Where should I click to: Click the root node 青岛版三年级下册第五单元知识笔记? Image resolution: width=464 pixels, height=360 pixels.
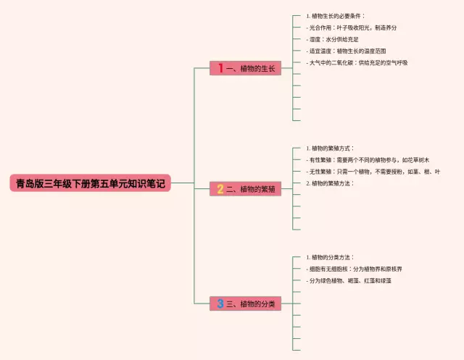[90, 183]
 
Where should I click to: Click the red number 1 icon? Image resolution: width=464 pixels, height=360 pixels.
[220, 68]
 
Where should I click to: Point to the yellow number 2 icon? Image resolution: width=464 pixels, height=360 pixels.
[220, 189]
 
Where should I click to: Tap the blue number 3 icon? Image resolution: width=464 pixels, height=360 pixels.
[220, 304]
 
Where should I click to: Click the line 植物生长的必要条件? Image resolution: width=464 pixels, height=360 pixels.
[337, 15]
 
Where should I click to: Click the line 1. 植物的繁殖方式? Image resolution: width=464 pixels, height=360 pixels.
[333, 148]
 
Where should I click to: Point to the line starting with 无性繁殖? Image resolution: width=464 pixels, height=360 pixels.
[370, 171]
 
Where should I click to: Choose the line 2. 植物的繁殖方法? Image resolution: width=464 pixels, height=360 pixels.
[333, 183]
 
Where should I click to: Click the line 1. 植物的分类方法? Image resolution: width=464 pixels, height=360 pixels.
[333, 257]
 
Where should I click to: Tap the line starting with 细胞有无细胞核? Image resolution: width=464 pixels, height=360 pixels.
[355, 269]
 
